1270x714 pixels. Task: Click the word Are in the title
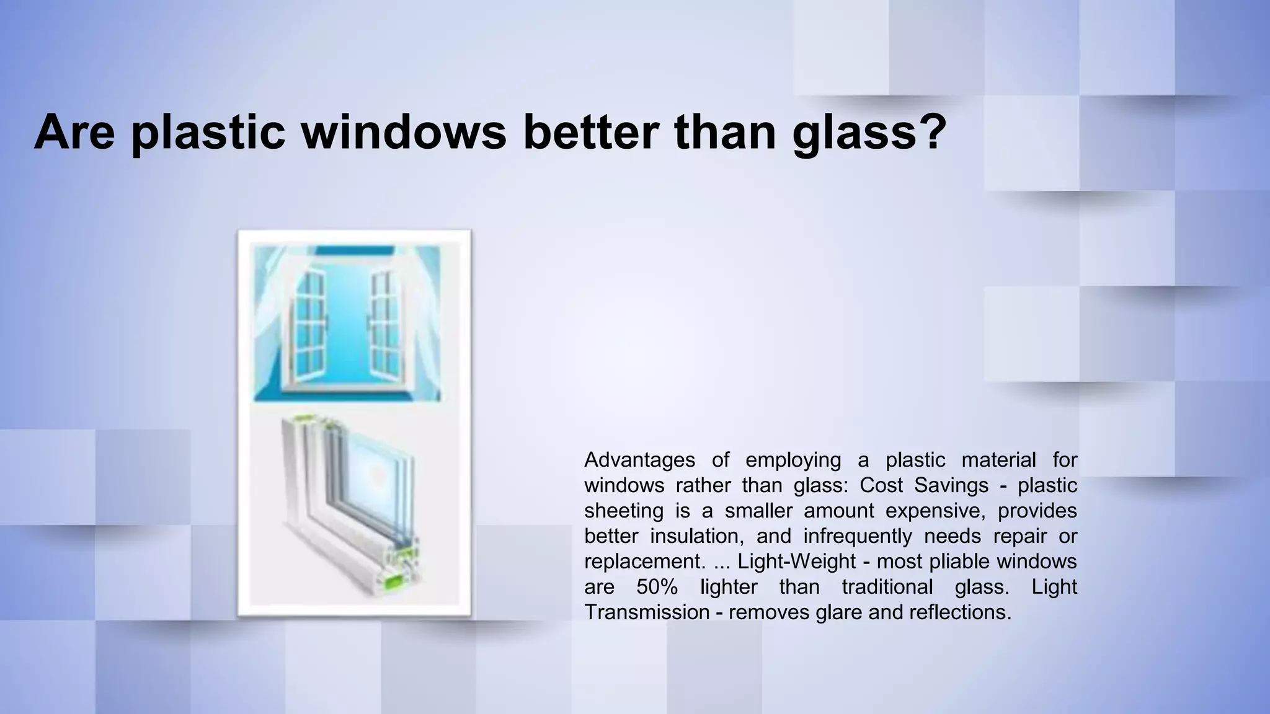pyautogui.click(x=74, y=131)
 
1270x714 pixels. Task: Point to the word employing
pyautogui.click(x=793, y=460)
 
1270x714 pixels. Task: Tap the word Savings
pyautogui.click(x=951, y=485)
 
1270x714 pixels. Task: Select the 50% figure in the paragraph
pyautogui.click(x=657, y=587)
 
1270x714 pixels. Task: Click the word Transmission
pyautogui.click(x=647, y=612)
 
